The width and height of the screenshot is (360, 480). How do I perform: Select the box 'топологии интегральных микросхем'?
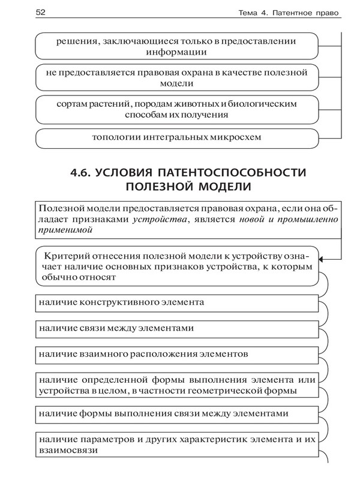click(x=176, y=138)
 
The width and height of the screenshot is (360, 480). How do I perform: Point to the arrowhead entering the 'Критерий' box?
click(x=322, y=259)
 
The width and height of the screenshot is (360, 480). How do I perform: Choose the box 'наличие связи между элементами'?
click(x=176, y=329)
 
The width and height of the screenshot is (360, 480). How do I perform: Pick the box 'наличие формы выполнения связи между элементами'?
click(x=176, y=414)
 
